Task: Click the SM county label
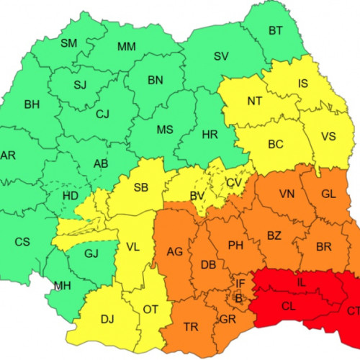[68, 44]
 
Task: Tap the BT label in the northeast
[276, 30]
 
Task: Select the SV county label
[221, 56]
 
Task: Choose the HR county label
[210, 135]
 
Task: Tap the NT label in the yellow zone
[254, 101]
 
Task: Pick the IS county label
[303, 84]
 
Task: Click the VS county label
[328, 136]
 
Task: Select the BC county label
[275, 144]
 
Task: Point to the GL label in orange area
[328, 194]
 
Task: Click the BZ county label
[274, 235]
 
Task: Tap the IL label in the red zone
[302, 282]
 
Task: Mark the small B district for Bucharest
[239, 296]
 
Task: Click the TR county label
[191, 327]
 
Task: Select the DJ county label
[107, 319]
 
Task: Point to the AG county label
[174, 251]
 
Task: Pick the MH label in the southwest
[62, 287]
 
